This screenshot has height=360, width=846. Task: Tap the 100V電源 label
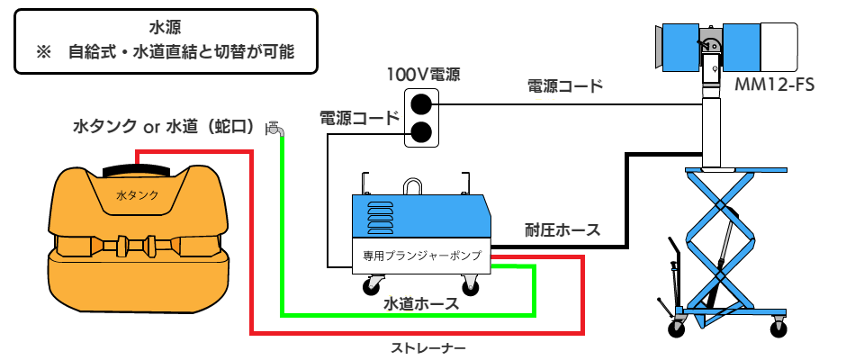(424, 74)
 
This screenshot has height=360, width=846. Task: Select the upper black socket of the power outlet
(420, 103)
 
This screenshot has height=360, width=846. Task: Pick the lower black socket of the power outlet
(420, 133)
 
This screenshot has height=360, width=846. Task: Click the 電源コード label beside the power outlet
(358, 118)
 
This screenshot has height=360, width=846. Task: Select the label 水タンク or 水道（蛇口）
(161, 126)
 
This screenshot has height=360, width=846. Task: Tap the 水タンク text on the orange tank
(138, 194)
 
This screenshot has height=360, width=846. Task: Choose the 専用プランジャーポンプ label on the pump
(422, 256)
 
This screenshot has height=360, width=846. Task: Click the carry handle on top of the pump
(412, 186)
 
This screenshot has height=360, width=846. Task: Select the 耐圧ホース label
(562, 229)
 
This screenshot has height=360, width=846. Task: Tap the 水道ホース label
(422, 304)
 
